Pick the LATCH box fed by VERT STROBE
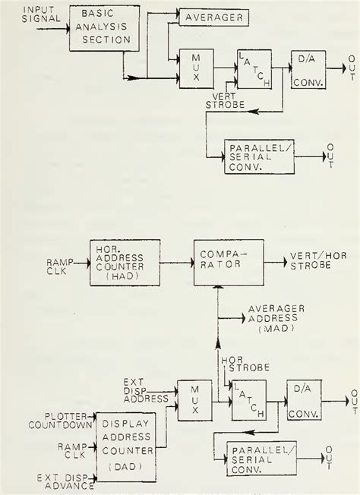pos(255,72)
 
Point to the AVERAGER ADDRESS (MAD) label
pos(272,319)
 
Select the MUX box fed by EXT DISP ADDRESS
pos(193,401)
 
